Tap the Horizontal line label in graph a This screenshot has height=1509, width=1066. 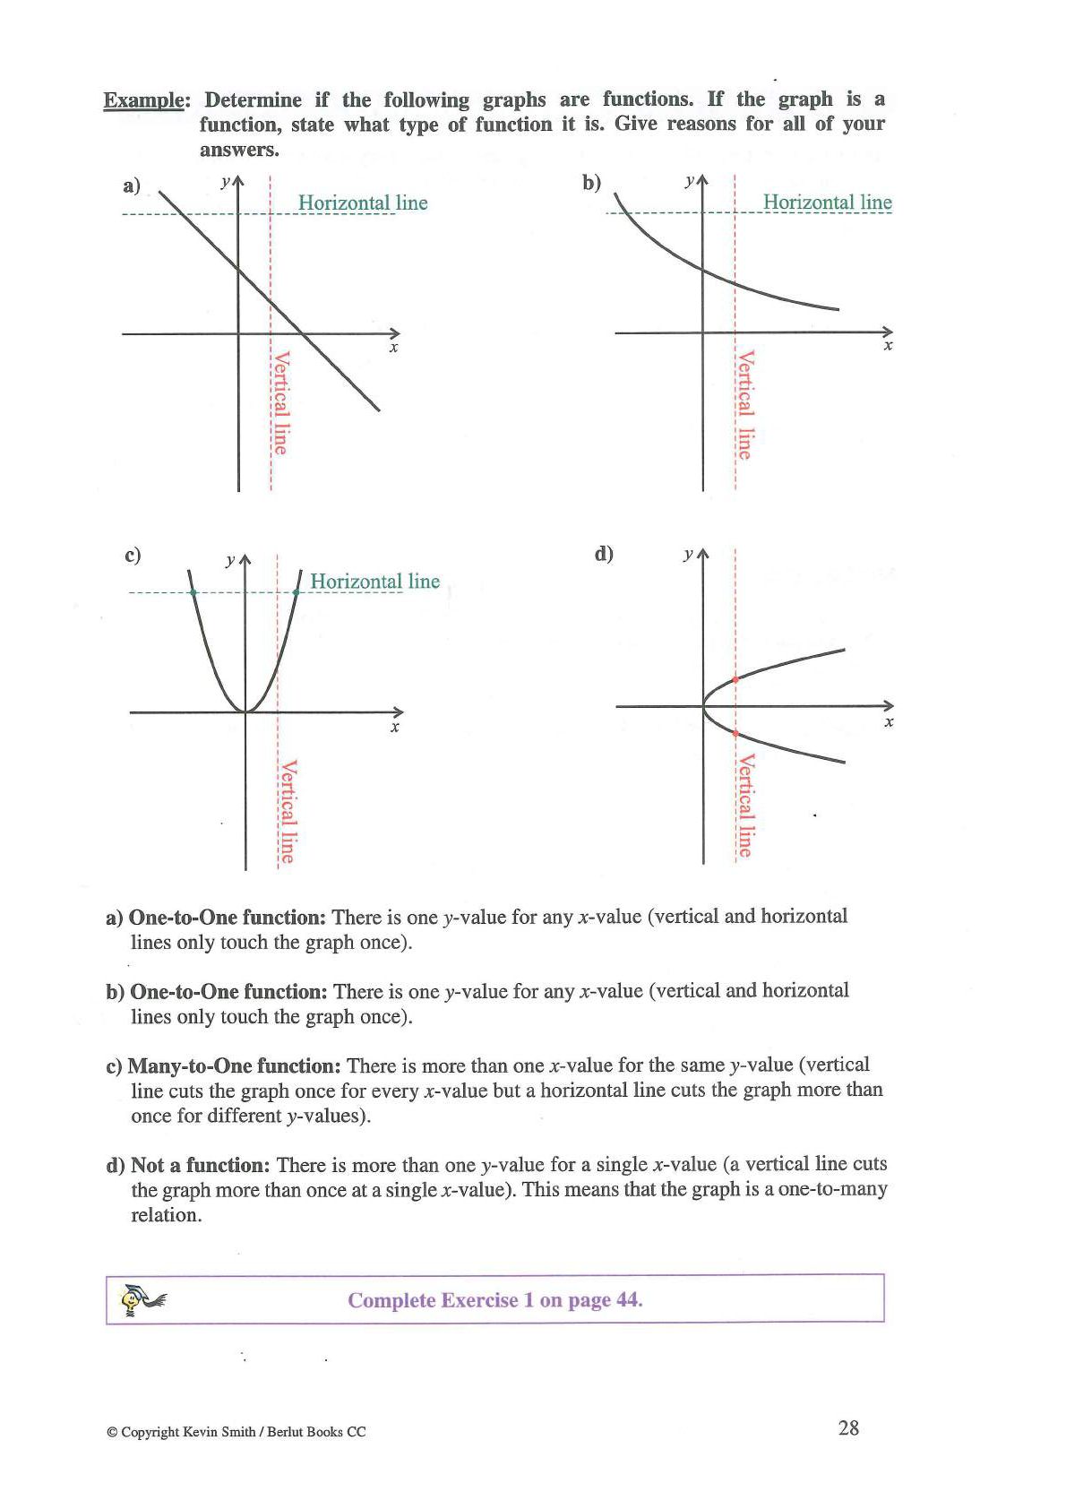(x=363, y=203)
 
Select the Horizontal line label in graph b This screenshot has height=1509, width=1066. (x=827, y=203)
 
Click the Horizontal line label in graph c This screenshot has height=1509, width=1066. (x=374, y=582)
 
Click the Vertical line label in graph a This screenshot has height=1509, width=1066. (x=281, y=403)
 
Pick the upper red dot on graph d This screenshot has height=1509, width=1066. (x=735, y=680)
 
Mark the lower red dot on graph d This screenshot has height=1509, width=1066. (x=735, y=734)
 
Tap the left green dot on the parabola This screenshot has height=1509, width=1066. (x=193, y=591)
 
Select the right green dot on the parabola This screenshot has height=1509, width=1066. (x=297, y=591)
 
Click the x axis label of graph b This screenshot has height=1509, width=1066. (x=888, y=346)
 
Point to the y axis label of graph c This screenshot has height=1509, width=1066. (x=230, y=560)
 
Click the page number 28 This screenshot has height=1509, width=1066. (x=848, y=1428)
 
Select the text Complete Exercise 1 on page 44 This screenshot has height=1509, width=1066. (x=494, y=1300)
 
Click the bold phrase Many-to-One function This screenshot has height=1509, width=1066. (x=234, y=1066)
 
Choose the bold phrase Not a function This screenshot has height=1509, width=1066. (x=200, y=1166)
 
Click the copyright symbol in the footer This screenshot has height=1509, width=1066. (x=112, y=1433)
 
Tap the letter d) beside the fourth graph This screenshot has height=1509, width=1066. (x=604, y=554)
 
